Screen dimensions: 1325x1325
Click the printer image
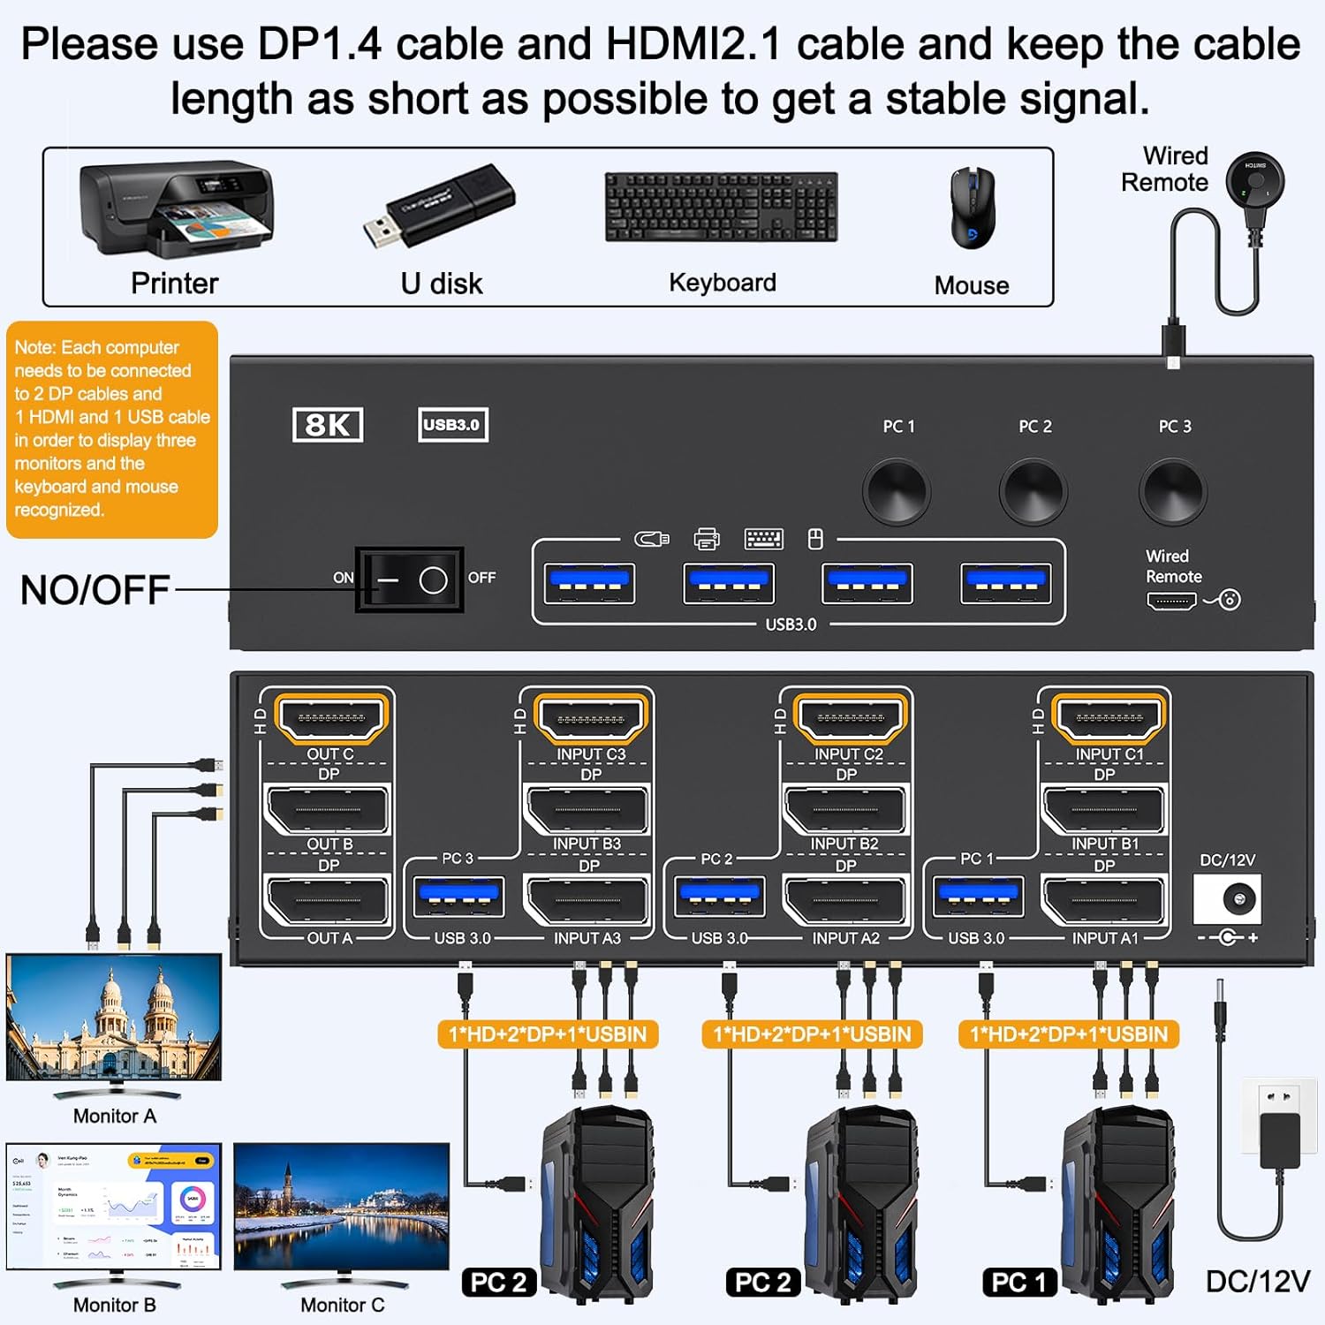coord(177,209)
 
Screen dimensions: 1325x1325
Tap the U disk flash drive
coord(439,206)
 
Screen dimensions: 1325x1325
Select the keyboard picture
coord(721,207)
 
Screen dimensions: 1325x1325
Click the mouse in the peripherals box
coord(972,208)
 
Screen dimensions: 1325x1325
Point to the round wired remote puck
coord(1254,182)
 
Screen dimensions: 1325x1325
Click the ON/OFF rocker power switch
coord(409,579)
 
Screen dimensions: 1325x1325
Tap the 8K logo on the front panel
coord(327,425)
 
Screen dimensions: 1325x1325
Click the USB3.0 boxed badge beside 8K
coord(452,425)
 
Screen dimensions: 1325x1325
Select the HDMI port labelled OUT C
coord(331,718)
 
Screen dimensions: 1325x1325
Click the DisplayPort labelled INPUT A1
coord(1104,901)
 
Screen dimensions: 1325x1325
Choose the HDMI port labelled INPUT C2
coord(849,718)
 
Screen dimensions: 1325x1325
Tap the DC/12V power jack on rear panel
coord(1227,899)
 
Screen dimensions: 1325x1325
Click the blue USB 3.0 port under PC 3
coord(458,897)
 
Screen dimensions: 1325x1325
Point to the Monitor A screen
coord(114,1016)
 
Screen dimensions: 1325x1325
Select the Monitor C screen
coord(341,1206)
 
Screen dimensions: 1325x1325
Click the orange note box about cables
coord(112,429)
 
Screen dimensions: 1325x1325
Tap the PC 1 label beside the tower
coord(1018,1282)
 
